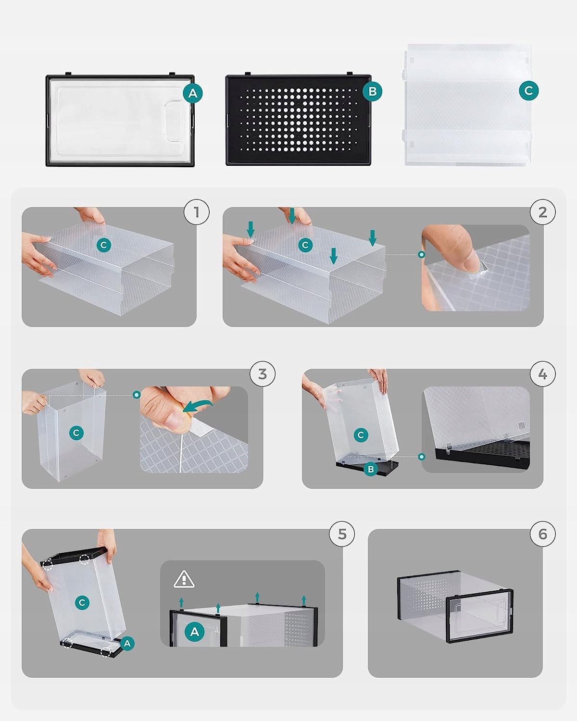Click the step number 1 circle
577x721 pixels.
coord(197,212)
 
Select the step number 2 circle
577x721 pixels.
coord(543,212)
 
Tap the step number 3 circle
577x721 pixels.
coord(263,374)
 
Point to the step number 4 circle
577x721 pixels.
coord(543,374)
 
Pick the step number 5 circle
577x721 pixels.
coord(342,534)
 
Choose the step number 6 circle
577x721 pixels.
coord(543,534)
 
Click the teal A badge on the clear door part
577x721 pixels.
coord(193,93)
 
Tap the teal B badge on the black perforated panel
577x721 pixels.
coord(372,91)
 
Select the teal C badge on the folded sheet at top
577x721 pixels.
coord(529,90)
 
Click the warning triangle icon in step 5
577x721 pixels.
coord(184,579)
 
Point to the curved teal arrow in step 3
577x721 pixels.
coord(197,406)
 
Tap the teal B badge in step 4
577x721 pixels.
coord(371,469)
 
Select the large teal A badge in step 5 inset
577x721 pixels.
coord(195,632)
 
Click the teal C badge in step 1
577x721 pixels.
coord(103,245)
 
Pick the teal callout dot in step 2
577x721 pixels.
coord(422,255)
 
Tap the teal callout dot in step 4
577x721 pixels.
coord(422,457)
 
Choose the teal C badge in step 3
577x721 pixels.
coord(76,433)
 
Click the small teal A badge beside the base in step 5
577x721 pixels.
coord(127,643)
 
